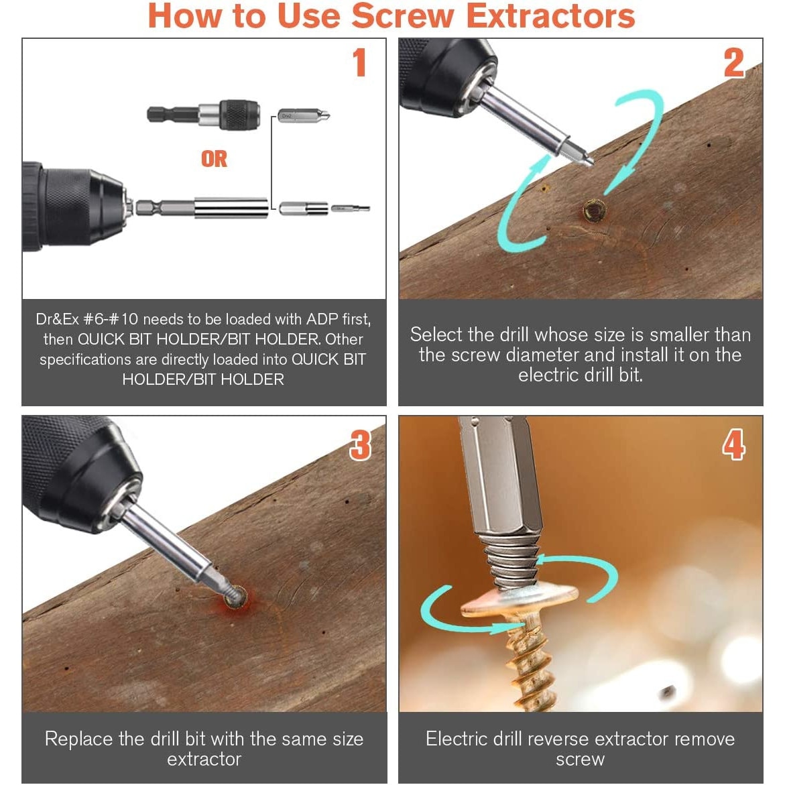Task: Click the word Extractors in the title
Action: point(550,16)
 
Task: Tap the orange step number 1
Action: point(360,63)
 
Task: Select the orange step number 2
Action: point(734,64)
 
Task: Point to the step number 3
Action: point(360,445)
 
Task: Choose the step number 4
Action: point(733,445)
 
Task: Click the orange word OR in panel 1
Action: point(214,159)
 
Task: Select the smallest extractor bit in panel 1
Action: point(351,208)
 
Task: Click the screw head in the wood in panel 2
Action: point(594,211)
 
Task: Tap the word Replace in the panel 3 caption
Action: point(78,739)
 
